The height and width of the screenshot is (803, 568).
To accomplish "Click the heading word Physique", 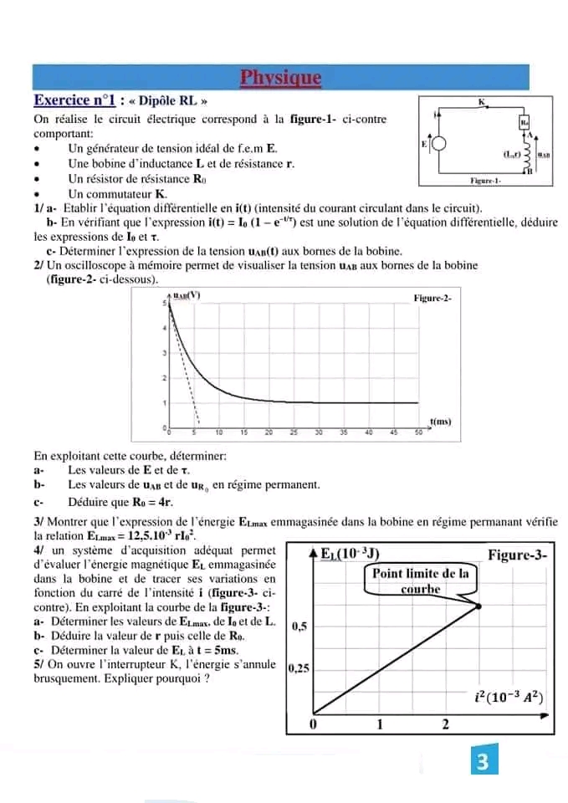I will (280, 79).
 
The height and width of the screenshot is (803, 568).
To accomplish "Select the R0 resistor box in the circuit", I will (525, 122).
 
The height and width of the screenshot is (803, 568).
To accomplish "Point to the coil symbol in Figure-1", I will (528, 153).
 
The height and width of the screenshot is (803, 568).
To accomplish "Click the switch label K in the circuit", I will (481, 101).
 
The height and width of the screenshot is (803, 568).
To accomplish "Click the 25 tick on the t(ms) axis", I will (294, 433).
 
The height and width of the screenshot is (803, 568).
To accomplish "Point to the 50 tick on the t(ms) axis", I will (417, 433).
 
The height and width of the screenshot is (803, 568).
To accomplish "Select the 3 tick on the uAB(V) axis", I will (164, 354).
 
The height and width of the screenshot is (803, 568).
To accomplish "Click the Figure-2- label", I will (432, 298).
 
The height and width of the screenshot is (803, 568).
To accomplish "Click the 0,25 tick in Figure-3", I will (298, 668).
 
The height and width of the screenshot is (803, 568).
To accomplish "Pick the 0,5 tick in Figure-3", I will (298, 626).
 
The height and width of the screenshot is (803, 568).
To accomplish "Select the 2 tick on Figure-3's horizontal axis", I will (445, 724).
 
